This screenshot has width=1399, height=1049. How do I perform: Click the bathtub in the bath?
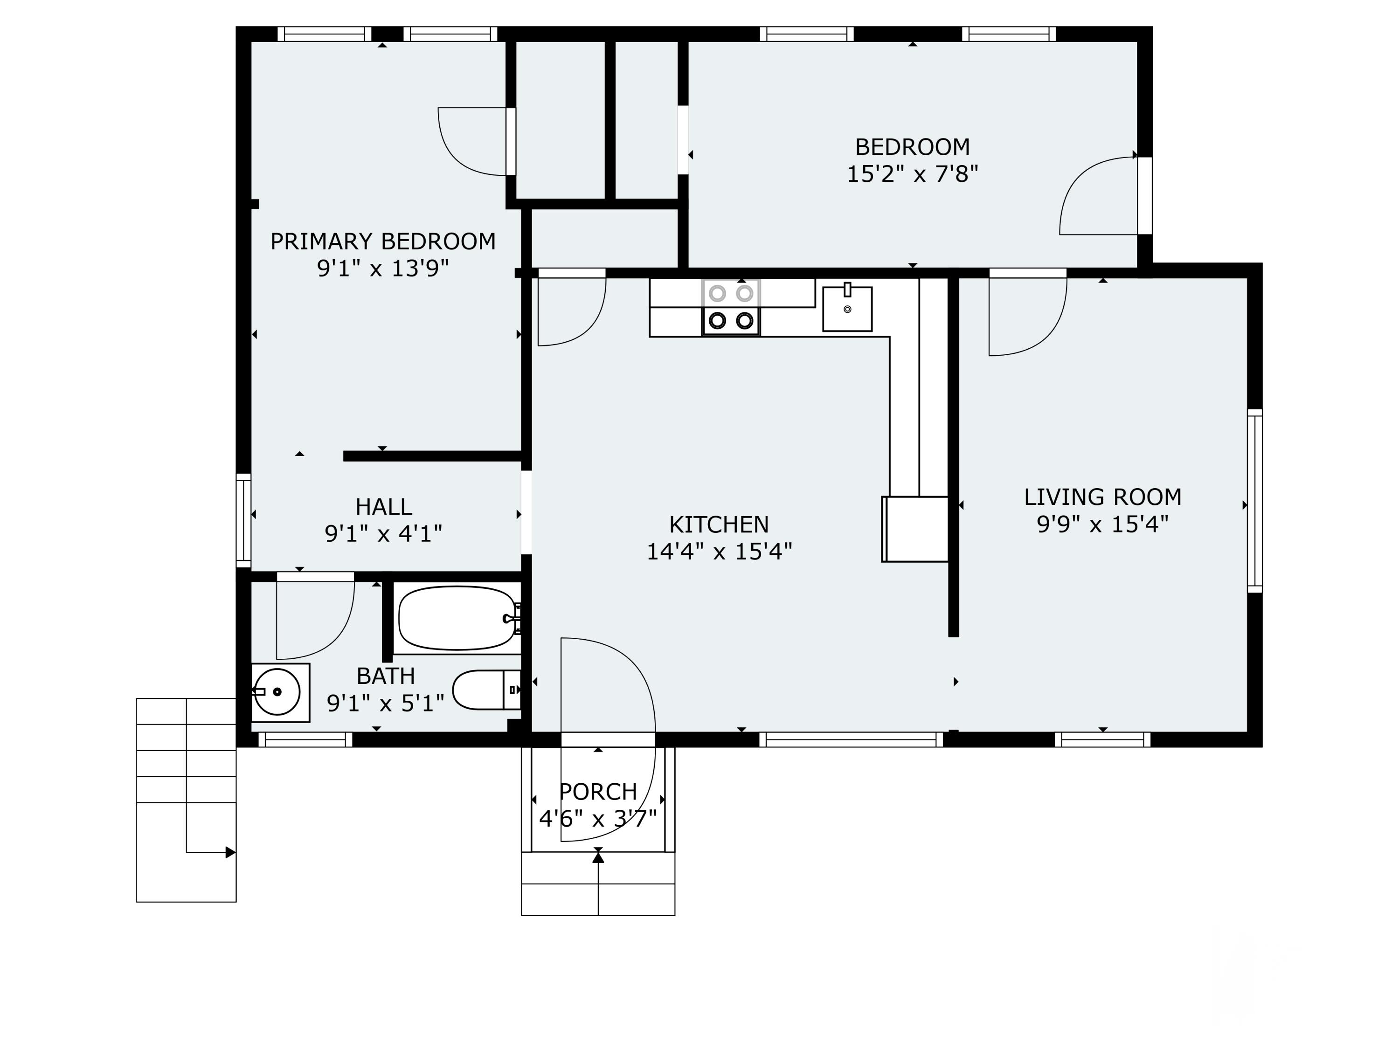point(457,618)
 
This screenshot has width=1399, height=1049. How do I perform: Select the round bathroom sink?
point(277,692)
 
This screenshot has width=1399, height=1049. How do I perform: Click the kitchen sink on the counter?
point(847,309)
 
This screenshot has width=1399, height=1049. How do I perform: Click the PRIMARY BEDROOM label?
point(383,242)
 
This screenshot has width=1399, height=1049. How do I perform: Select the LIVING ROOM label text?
point(1102,497)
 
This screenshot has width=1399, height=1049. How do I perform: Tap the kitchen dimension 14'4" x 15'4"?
point(719,552)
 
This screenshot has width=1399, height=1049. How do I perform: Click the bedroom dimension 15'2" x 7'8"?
point(912,174)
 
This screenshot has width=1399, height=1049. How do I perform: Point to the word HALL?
point(383,506)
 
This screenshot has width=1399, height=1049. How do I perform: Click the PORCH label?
point(598,792)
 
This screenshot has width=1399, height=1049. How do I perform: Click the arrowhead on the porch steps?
point(598,857)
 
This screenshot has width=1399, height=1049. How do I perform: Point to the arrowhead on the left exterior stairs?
point(230,852)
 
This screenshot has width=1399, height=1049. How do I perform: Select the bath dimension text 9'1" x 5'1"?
point(385,703)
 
